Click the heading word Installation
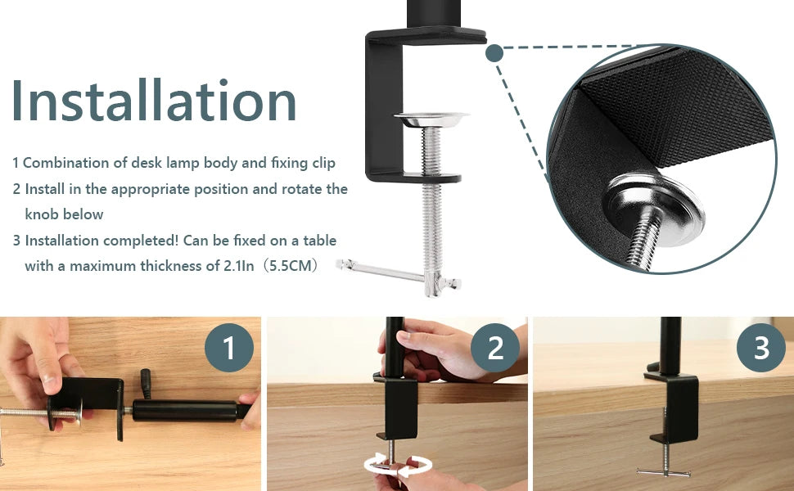pos(154,100)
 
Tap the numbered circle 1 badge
pos(229,348)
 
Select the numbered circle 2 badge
pos(495,348)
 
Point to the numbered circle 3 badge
pos(761,348)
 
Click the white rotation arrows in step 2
pos(398,465)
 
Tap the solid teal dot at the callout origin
pos(494,53)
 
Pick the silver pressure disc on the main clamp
pos(431,119)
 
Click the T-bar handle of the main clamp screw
pos(399,274)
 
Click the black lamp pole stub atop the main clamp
pos(434,14)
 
